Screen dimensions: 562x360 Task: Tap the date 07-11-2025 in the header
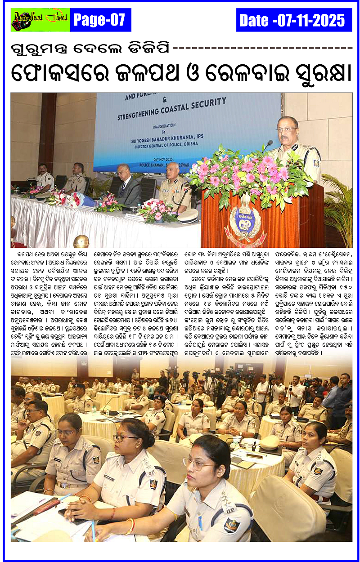coord(293,20)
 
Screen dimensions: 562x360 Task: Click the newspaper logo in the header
coord(40,19)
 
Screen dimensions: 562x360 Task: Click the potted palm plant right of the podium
coord(340,202)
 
